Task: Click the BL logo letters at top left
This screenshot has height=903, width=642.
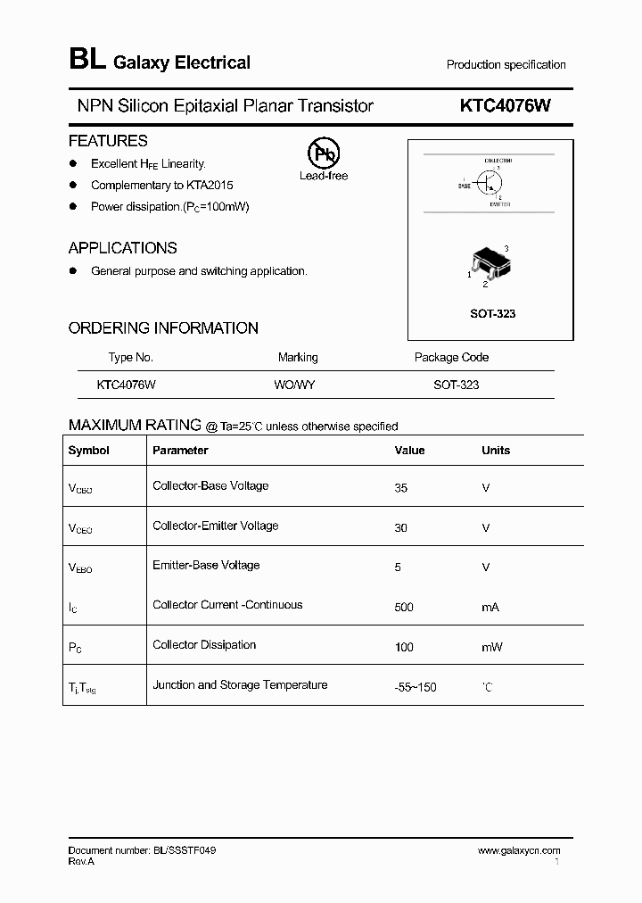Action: (86, 61)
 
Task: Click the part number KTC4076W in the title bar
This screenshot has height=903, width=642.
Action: (505, 106)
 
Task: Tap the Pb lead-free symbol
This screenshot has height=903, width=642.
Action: (323, 153)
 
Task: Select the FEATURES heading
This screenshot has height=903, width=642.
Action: (108, 141)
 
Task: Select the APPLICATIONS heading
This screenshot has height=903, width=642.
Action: (122, 248)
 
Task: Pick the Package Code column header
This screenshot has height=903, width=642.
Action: (451, 357)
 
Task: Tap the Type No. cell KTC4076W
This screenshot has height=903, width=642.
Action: (127, 385)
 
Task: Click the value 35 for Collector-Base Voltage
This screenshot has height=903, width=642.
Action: (400, 488)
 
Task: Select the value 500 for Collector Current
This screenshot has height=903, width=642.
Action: (404, 607)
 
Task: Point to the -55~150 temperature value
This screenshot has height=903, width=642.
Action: (416, 687)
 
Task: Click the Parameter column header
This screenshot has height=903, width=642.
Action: (180, 451)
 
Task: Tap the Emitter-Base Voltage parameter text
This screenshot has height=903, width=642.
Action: (206, 565)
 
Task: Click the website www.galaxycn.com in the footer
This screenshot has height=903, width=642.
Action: (519, 851)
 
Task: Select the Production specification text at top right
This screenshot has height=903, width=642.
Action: (506, 65)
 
